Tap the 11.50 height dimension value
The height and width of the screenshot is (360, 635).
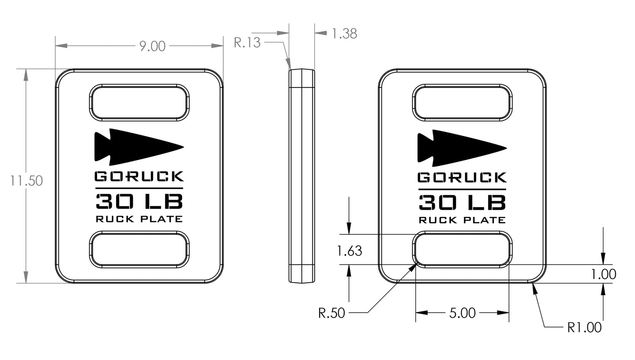26,181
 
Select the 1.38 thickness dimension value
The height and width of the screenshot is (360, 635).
344,34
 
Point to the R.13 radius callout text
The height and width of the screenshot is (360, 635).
247,43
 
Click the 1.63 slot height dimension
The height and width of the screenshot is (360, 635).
350,251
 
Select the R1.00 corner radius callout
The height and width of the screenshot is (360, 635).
584,327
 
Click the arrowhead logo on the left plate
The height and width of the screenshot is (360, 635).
139,147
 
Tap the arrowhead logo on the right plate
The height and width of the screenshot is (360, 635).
462,148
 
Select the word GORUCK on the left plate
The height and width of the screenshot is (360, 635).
139,176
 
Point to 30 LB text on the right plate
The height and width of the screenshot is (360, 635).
462,203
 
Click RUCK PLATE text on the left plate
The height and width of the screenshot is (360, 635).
139,219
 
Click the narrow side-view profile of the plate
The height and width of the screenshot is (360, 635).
301,176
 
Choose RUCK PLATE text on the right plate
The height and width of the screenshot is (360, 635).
462,220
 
